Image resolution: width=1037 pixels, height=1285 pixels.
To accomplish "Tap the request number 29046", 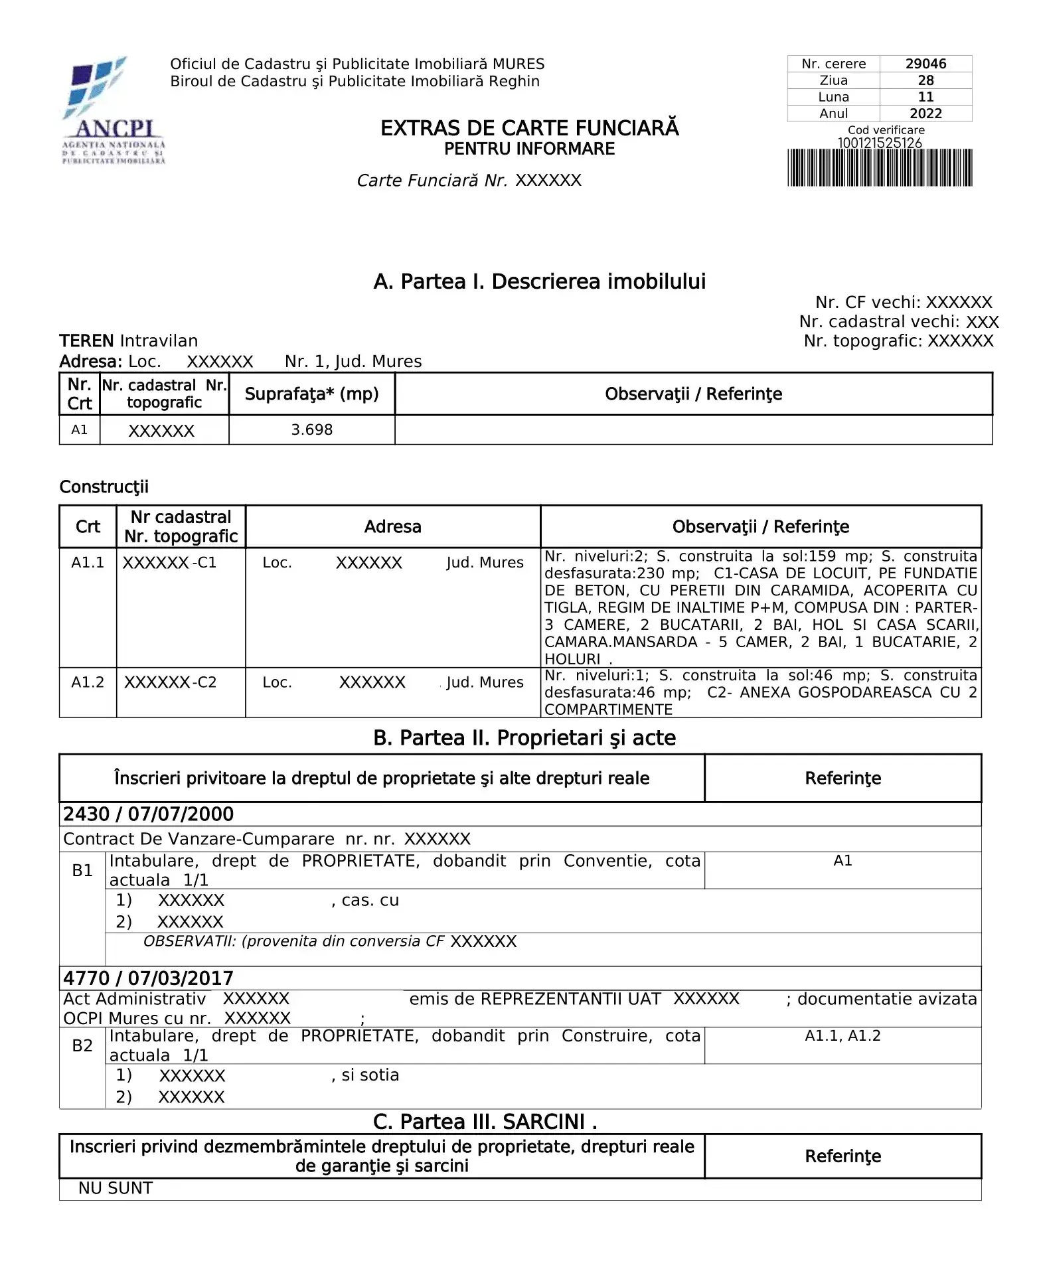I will pyautogui.click(x=925, y=64).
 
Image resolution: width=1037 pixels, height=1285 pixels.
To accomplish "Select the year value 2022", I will pyautogui.click(x=925, y=113).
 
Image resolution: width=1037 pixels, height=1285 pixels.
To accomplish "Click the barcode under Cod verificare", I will pyautogui.click(x=880, y=168).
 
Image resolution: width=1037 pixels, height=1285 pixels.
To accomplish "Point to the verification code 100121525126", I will pyautogui.click(x=880, y=143).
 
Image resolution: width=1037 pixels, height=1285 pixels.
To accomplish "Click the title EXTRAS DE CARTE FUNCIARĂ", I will pyautogui.click(x=529, y=128).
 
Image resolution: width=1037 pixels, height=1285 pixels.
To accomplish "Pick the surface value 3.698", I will pyautogui.click(x=311, y=430).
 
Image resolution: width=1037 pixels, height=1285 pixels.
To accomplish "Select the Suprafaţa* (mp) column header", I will pyautogui.click(x=311, y=394).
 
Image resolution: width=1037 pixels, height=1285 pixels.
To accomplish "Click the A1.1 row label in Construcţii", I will pyautogui.click(x=88, y=563).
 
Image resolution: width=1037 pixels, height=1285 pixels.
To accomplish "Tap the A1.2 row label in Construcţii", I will pyautogui.click(x=88, y=682).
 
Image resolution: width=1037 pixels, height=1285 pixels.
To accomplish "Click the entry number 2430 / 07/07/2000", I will pyautogui.click(x=148, y=814).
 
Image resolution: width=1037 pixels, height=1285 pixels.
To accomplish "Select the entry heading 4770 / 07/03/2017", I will pyautogui.click(x=148, y=978).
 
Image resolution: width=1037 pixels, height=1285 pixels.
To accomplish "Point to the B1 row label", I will pyautogui.click(x=82, y=870).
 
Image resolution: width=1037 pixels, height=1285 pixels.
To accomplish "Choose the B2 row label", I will pyautogui.click(x=82, y=1045).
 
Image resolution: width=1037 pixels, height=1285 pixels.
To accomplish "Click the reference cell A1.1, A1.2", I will pyautogui.click(x=842, y=1036).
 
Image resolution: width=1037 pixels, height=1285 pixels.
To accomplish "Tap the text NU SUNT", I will pyautogui.click(x=116, y=1188).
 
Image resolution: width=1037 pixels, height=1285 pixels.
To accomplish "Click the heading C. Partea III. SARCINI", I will pyautogui.click(x=485, y=1122).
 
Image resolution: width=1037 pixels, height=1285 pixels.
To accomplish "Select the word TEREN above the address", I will pyautogui.click(x=86, y=341).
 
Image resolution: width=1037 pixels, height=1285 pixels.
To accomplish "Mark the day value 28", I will pyautogui.click(x=925, y=80).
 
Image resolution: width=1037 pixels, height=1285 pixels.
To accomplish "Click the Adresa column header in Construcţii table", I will pyautogui.click(x=392, y=527).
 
